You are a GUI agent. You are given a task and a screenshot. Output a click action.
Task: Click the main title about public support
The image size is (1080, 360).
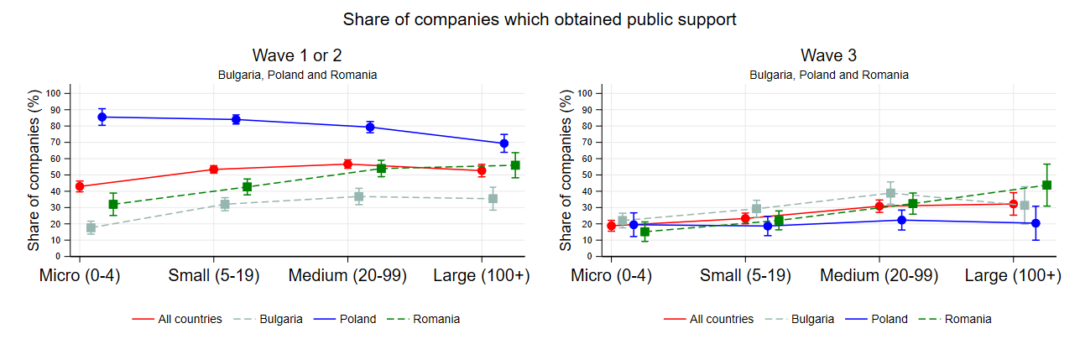[540, 19]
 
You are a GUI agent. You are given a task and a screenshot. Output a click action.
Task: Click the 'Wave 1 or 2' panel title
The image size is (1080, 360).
[297, 55]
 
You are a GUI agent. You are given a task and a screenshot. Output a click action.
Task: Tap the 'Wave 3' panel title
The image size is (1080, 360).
[828, 55]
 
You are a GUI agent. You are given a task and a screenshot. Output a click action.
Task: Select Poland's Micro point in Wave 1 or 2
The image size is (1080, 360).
[102, 117]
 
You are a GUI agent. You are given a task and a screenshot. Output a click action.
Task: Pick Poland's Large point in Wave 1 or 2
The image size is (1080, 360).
[503, 143]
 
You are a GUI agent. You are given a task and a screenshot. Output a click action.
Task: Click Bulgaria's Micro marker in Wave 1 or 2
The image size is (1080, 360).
[91, 227]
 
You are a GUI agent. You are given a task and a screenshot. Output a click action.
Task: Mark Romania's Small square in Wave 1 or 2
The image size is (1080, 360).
[247, 187]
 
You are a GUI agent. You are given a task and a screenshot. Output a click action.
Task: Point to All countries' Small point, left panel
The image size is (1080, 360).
[213, 170]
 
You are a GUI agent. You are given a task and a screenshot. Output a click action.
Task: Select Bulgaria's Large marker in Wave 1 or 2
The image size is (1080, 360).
[493, 198]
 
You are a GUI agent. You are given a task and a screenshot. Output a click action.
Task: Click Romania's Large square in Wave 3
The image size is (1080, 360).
[1046, 185]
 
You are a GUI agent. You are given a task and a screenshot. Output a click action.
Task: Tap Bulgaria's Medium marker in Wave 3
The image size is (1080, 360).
[890, 193]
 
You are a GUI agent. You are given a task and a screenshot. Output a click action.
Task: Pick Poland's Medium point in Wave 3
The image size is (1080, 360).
[901, 221]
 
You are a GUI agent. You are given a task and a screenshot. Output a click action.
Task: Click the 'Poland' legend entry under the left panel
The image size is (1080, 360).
[356, 319]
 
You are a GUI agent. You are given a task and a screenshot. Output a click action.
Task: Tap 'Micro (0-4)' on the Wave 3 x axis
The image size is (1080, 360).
[612, 276]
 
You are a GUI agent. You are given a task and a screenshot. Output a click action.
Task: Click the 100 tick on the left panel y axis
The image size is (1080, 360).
[57, 93]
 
